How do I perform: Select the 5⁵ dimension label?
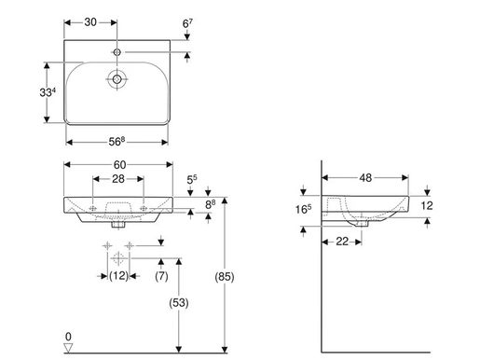pyautogui.click(x=192, y=178)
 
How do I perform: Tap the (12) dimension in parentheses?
pyautogui.click(x=118, y=277)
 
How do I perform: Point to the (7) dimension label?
pyautogui.click(x=161, y=277)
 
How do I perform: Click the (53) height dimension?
pyautogui.click(x=180, y=302)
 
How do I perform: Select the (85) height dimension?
pyautogui.click(x=225, y=277)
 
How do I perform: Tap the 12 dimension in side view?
pyautogui.click(x=427, y=205)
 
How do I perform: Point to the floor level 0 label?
pyautogui.click(x=67, y=336)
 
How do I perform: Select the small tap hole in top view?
pyautogui.click(x=117, y=46)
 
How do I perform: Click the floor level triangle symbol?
pyautogui.click(x=67, y=349)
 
